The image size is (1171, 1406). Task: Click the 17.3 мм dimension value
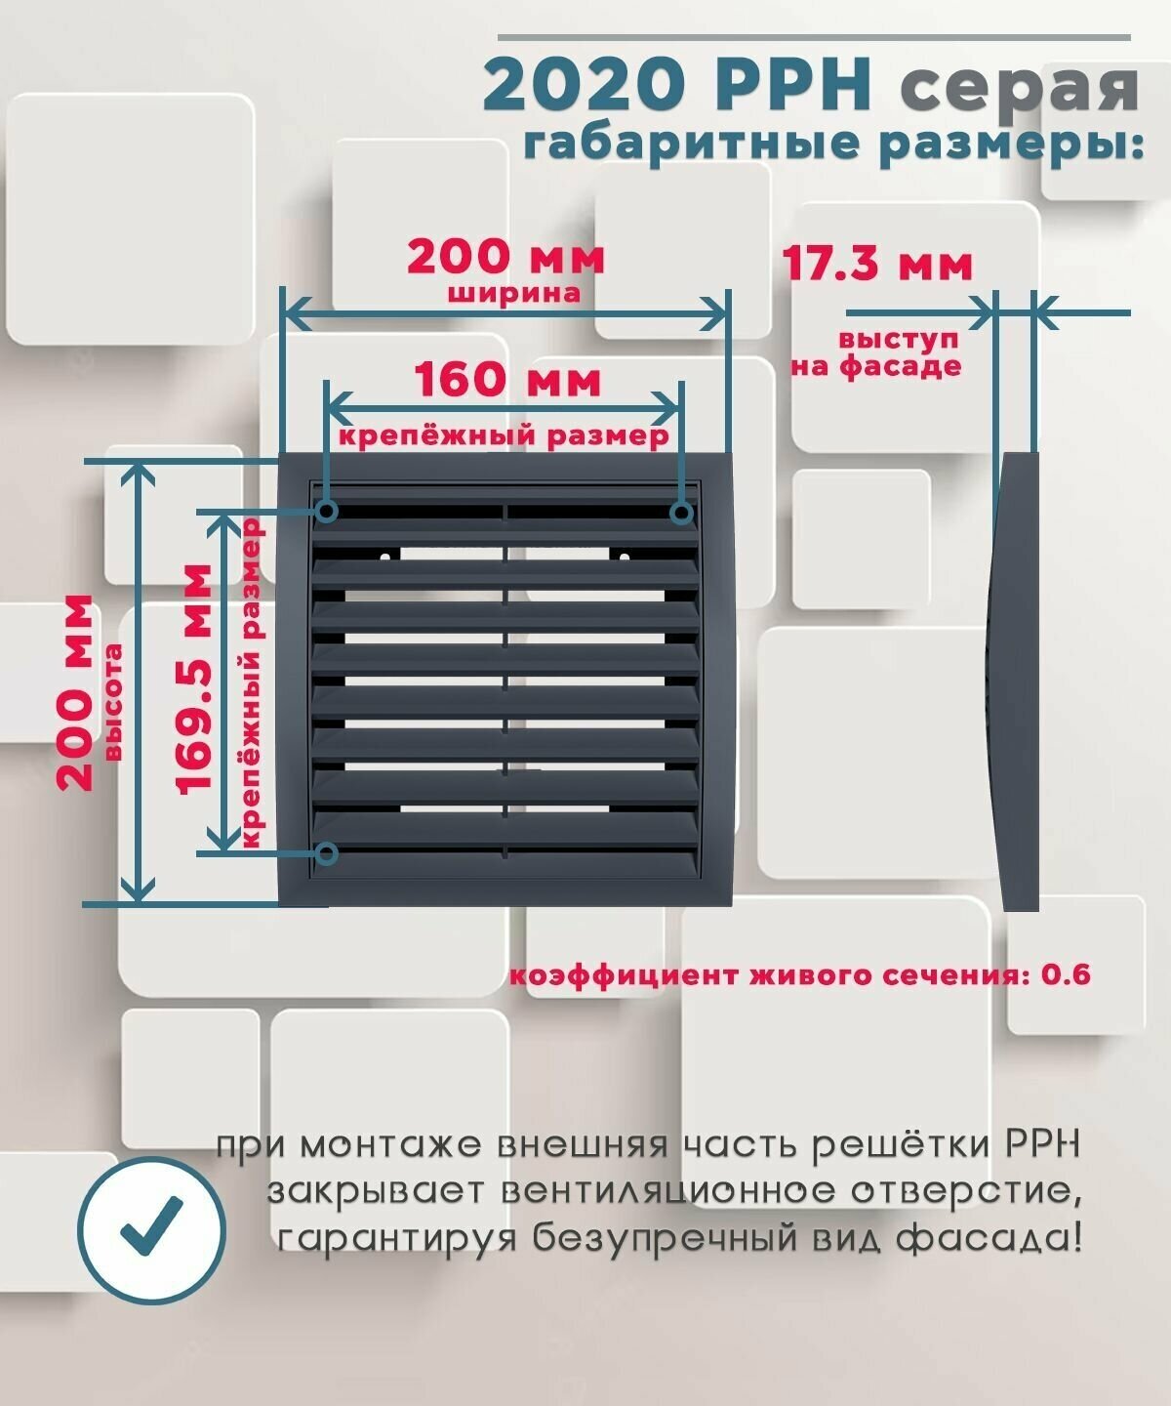877,264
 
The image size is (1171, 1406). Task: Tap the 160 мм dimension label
507,381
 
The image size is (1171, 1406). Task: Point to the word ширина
514,293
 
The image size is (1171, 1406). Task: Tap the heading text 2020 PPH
676,86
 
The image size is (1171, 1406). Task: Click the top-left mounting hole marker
328,511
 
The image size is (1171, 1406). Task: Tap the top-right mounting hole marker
682,512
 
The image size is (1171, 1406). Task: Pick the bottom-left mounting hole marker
328,854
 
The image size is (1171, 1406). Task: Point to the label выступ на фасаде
876,353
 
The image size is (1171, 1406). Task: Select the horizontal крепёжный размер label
503,435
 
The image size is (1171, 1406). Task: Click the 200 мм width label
505,259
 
